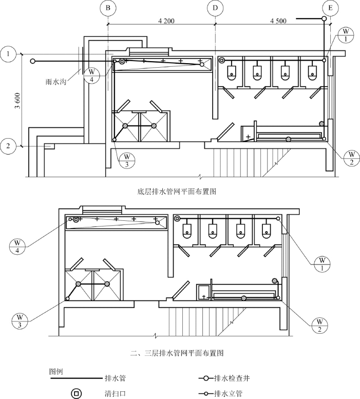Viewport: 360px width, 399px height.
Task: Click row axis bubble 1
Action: pos(8,52)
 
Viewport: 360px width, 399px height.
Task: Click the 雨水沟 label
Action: pos(58,81)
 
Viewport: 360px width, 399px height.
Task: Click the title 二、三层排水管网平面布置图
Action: pos(177,353)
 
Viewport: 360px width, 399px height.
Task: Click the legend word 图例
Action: pos(55,371)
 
